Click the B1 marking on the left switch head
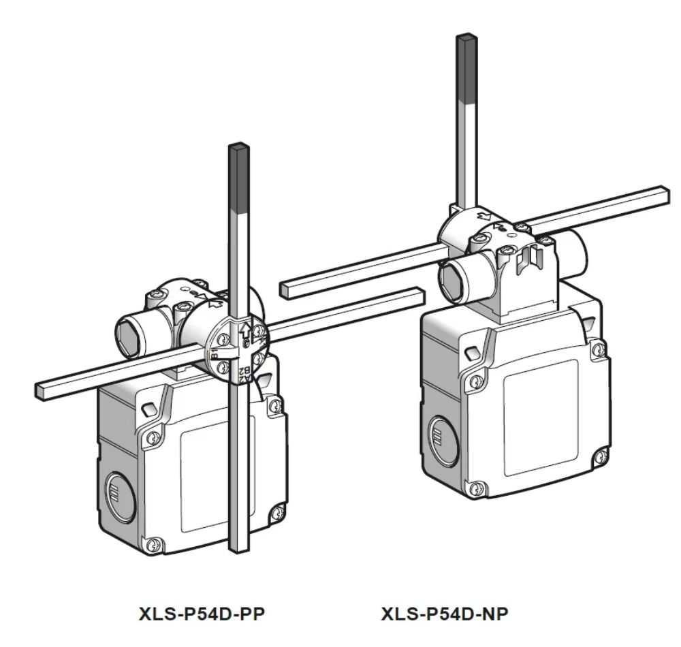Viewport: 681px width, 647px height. pyautogui.click(x=215, y=353)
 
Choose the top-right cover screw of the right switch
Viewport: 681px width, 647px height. pyautogui.click(x=599, y=349)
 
